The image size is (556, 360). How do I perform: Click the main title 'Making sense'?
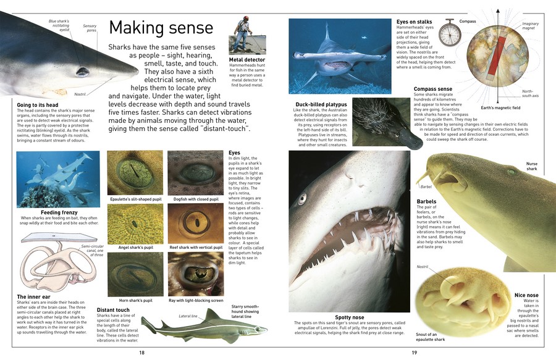click(x=161, y=28)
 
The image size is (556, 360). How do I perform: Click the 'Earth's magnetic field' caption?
click(x=500, y=109)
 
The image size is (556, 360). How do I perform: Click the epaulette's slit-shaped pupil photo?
click(x=135, y=172)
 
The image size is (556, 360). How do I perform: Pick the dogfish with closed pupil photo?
click(x=196, y=172)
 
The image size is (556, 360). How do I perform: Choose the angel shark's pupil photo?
click(x=135, y=223)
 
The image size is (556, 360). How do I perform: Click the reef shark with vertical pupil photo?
click(x=196, y=223)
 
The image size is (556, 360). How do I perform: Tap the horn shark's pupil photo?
click(x=135, y=274)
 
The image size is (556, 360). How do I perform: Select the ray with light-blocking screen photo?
click(x=196, y=274)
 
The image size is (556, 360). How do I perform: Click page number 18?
click(x=141, y=353)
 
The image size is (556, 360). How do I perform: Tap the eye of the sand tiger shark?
click(x=302, y=199)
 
